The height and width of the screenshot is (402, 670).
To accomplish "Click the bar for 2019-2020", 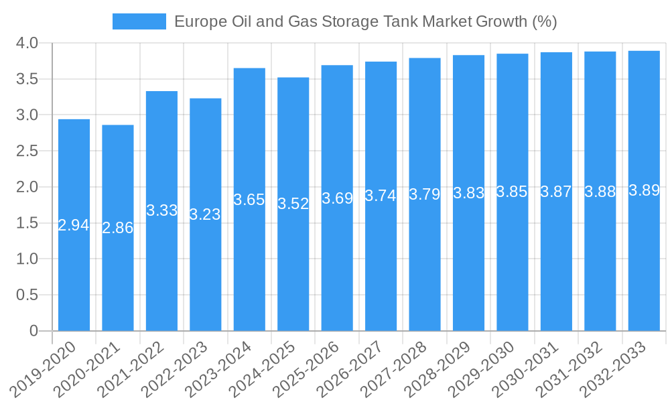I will coord(74,268).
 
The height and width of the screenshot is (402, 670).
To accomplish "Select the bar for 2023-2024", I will coord(249,268).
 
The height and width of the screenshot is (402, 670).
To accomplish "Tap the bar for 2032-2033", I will coord(644,268).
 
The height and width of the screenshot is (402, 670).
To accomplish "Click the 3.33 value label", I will coord(161,210).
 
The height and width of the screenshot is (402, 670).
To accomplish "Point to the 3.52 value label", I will coord(293,204).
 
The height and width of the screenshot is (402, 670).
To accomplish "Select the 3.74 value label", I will coord(381,196).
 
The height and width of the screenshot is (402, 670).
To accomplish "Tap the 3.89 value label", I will coord(644,190).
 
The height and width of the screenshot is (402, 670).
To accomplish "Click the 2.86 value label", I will coord(118,228).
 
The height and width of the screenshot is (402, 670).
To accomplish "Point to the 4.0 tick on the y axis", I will coord(26,44).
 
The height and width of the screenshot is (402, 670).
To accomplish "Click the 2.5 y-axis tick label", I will coord(26,151).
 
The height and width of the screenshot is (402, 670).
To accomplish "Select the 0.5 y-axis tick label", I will coord(26,295).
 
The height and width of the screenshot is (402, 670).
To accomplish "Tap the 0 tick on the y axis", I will coord(34,331).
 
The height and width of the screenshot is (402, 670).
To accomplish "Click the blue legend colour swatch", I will coord(139,21).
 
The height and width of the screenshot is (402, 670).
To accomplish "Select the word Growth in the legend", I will coord(502,21).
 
